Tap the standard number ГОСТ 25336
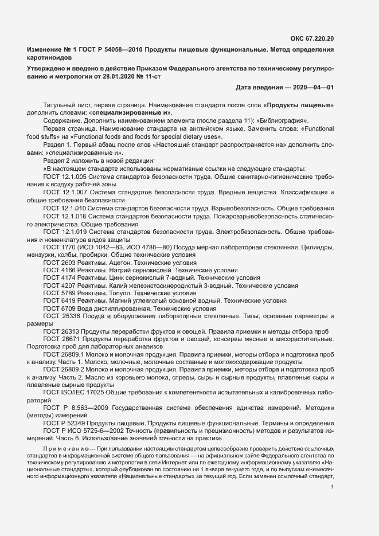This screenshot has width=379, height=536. (x=61, y=316)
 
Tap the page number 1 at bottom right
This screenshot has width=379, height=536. (x=333, y=488)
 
